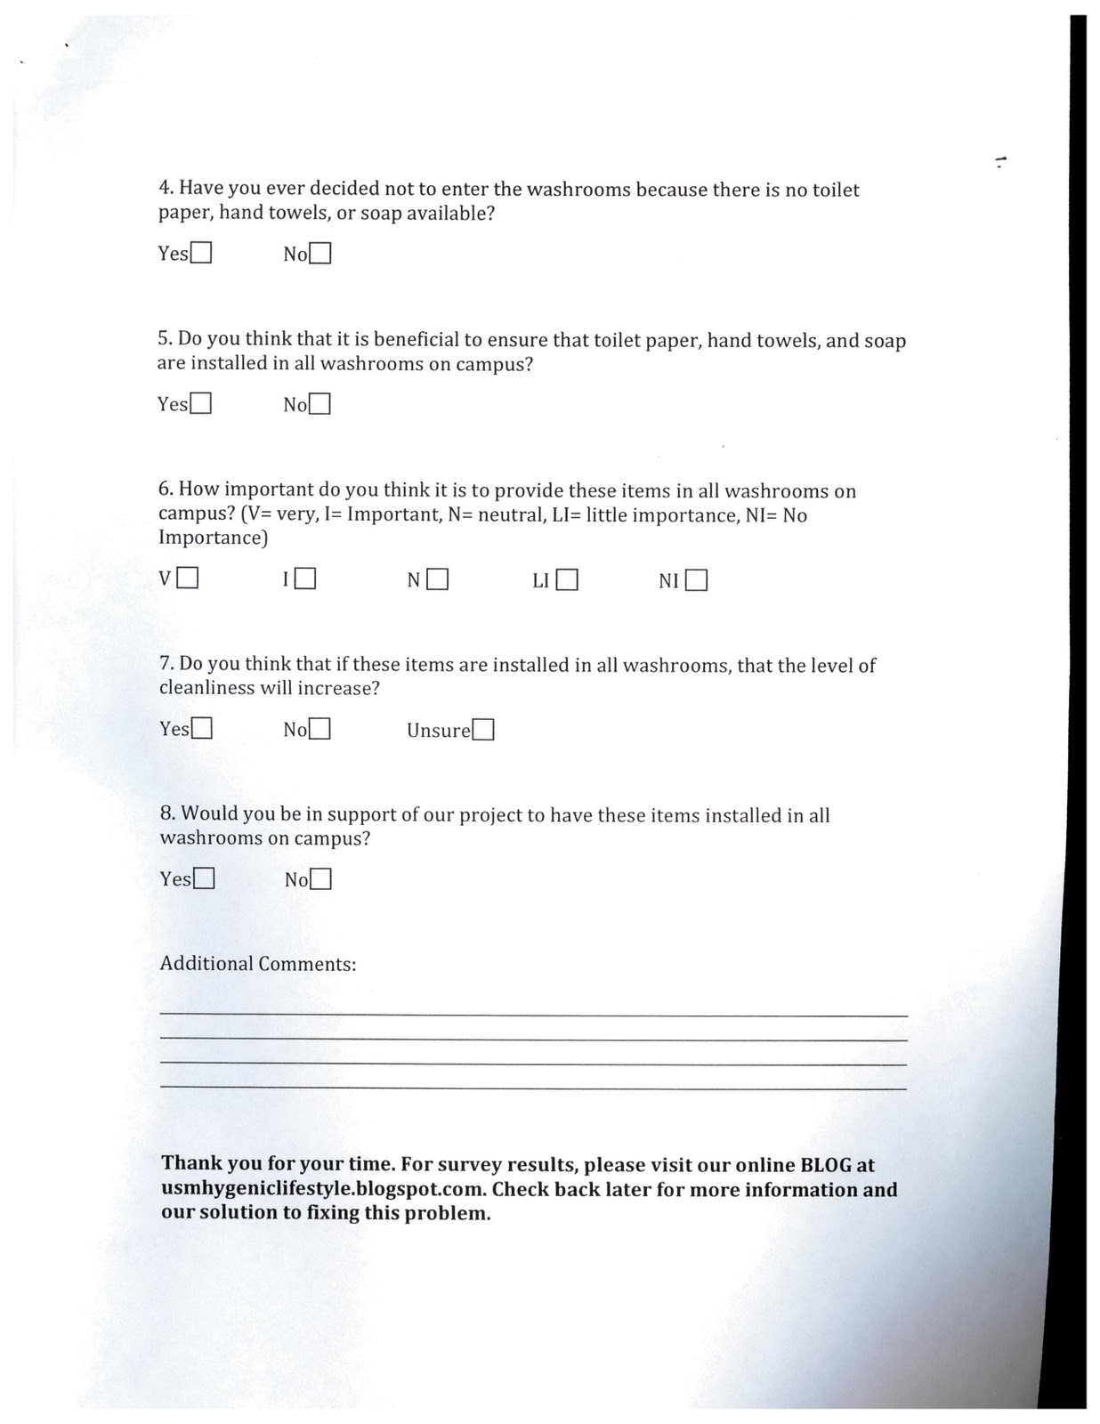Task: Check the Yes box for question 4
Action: click(x=201, y=254)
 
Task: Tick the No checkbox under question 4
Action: click(x=320, y=254)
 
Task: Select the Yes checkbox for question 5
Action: click(x=201, y=404)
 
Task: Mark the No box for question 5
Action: click(x=320, y=405)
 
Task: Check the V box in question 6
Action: click(x=188, y=579)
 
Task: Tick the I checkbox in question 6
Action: click(x=305, y=580)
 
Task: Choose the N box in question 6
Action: click(x=437, y=580)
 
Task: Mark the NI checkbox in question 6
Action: click(x=697, y=581)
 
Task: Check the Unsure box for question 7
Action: click(x=483, y=731)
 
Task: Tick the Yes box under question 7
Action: click(x=202, y=729)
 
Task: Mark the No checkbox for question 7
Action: click(x=320, y=730)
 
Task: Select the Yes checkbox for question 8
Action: click(x=204, y=879)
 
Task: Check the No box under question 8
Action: click(x=321, y=880)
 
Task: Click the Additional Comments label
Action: click(x=258, y=964)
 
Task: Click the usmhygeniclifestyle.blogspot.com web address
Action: click(x=324, y=1190)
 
